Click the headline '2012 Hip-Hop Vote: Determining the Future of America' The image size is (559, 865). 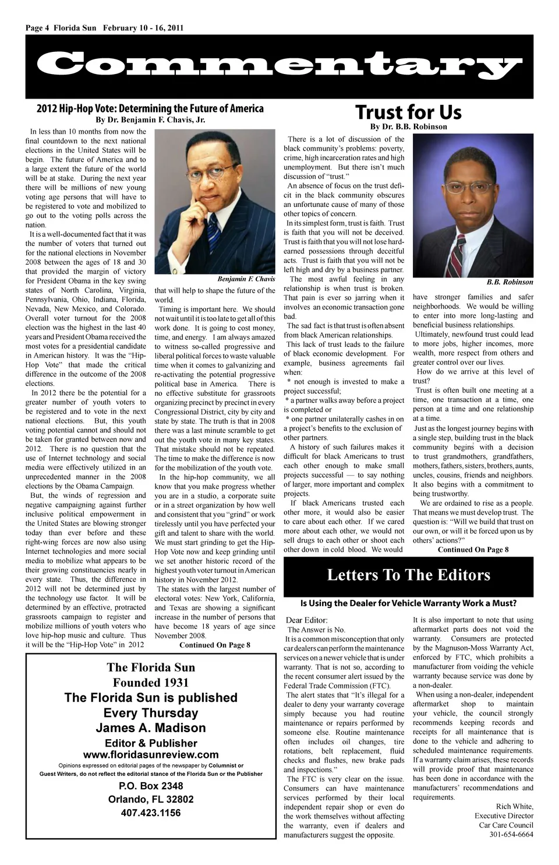pos(150,108)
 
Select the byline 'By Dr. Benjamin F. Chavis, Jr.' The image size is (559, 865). pos(150,120)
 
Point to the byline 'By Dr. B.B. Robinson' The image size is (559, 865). pos(408,126)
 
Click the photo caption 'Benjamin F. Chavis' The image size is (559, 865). pos(246,279)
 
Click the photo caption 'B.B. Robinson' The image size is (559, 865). pos(510,282)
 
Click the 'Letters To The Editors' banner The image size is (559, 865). pos(408,575)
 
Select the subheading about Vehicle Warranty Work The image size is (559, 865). pos(408,603)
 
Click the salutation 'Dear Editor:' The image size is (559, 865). pos(307,620)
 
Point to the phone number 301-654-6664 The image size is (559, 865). pos(511,835)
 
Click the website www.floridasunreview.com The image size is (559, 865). pos(151,754)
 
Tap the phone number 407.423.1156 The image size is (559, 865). pos(151,813)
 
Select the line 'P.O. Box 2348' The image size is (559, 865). pos(151,786)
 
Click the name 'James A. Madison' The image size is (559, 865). pos(151,727)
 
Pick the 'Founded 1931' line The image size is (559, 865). pos(151,683)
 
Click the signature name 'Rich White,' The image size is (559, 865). pos(515,807)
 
